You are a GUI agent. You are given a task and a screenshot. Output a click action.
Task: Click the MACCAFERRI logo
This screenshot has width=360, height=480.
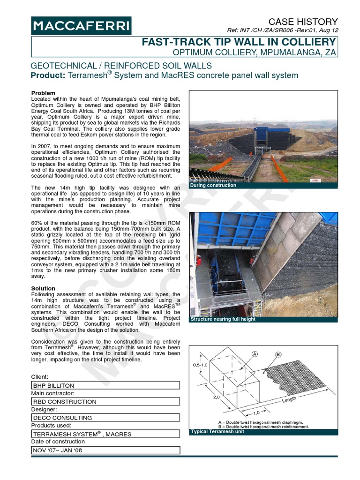click(81, 26)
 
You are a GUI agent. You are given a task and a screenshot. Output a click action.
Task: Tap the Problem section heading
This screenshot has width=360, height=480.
click(43, 93)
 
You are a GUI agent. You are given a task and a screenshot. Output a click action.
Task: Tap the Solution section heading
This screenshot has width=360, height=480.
click(43, 288)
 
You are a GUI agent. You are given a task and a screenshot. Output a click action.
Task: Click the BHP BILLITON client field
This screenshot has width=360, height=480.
click(105, 385)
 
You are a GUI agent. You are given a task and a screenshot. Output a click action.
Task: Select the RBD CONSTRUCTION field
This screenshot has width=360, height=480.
click(105, 402)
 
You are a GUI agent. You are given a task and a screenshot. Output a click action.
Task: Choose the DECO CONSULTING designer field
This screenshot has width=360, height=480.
click(105, 418)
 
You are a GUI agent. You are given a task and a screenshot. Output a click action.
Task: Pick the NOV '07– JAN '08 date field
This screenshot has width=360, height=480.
click(105, 450)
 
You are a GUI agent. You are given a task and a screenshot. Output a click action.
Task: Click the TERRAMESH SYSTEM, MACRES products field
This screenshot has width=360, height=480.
click(105, 434)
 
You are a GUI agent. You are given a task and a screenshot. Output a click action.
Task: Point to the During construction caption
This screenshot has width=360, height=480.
click(213, 186)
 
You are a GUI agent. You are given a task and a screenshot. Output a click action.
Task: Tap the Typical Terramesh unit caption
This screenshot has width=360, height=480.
click(217, 432)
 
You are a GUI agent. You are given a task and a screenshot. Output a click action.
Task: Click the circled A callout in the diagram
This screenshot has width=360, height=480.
click(255, 354)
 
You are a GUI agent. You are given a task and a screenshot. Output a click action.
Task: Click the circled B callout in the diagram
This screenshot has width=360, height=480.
click(278, 355)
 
